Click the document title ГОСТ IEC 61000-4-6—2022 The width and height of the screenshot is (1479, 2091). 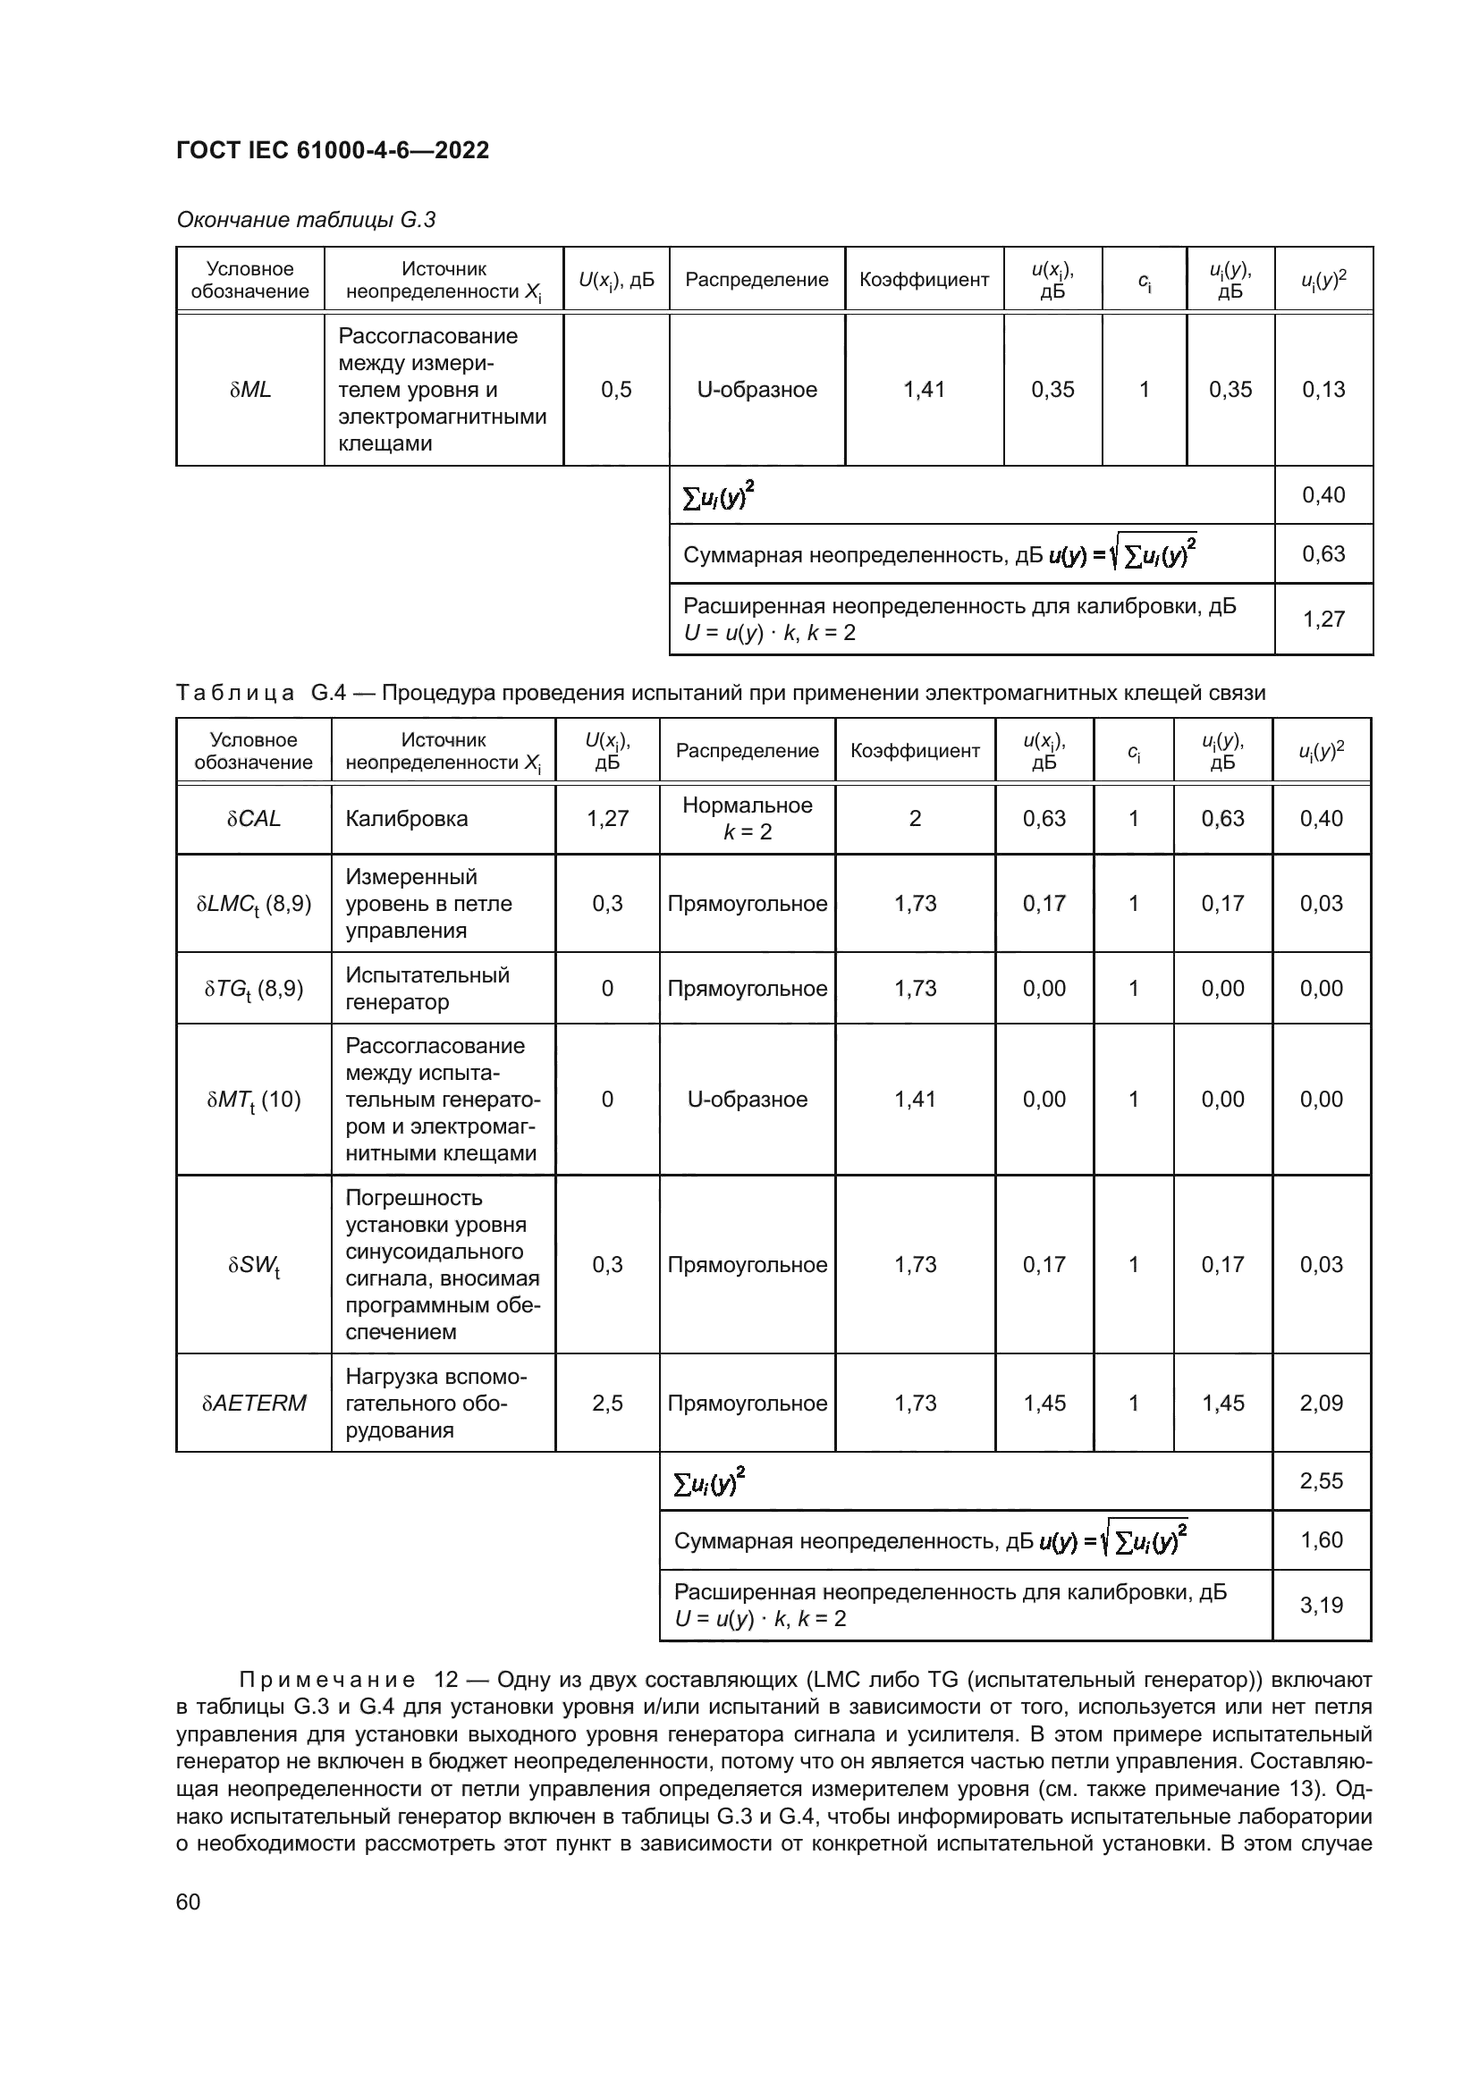(x=333, y=150)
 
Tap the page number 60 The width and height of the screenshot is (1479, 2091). (x=189, y=1901)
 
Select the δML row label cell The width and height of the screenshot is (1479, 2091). (x=250, y=390)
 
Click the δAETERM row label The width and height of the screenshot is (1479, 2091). (x=254, y=1404)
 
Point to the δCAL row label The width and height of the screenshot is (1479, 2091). (x=254, y=819)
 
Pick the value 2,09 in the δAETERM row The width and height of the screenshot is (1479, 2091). (x=1322, y=1404)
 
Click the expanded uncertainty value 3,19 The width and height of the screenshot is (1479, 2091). (x=1322, y=1605)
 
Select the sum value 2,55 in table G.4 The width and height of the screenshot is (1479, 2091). (x=1322, y=1480)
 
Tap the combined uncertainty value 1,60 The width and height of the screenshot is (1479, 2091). (x=1322, y=1540)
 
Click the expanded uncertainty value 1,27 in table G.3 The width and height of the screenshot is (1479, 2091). (x=1323, y=620)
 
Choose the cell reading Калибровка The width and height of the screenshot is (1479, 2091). (x=406, y=819)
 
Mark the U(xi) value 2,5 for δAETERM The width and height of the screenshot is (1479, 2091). (x=607, y=1404)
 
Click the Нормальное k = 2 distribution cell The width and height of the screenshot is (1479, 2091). (x=747, y=819)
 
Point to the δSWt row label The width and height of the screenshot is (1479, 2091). (x=254, y=1266)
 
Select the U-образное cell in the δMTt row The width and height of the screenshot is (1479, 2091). (x=747, y=1100)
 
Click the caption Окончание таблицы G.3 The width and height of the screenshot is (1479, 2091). (x=306, y=221)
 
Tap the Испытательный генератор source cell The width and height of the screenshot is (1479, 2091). (x=427, y=989)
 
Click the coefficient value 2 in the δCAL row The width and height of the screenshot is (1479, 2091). (x=916, y=819)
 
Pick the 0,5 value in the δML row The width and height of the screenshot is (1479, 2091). (x=617, y=390)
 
